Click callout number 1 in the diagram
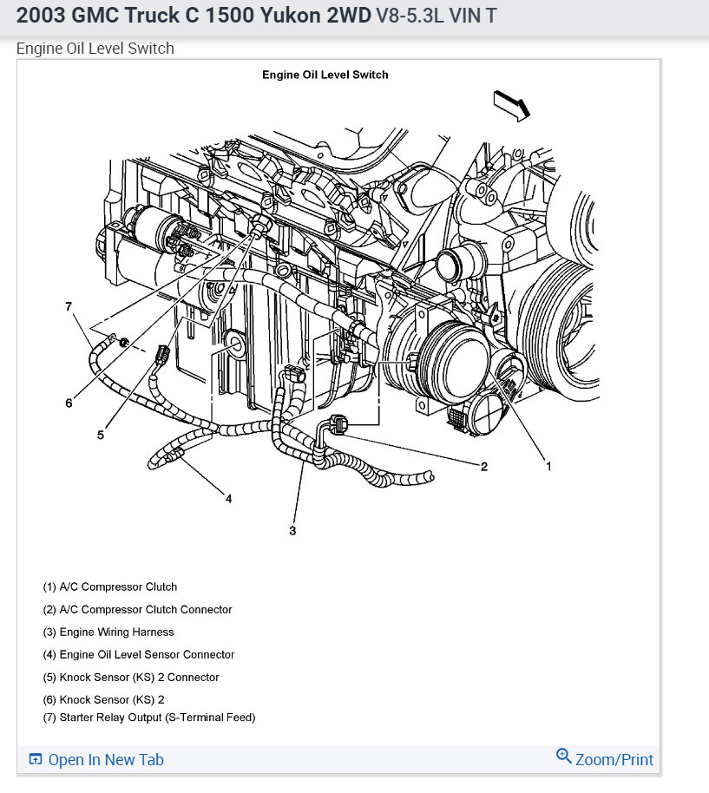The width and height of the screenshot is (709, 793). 548,466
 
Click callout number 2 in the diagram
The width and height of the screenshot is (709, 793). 484,466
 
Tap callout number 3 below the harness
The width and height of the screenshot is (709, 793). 292,530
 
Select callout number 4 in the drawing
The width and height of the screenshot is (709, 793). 228,498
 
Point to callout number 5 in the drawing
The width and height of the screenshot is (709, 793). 101,435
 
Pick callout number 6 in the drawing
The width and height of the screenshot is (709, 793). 69,403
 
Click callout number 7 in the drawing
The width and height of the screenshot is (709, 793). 69,306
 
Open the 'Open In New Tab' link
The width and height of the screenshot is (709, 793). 105,760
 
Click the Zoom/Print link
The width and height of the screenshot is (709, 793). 614,760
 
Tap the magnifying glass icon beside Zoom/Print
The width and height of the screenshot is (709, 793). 564,757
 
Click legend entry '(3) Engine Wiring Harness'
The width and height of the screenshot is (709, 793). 108,632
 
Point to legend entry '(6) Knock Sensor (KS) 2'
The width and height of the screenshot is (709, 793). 103,699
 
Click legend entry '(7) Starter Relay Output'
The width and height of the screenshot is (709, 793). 149,718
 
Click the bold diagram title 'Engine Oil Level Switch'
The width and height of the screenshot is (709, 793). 325,75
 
